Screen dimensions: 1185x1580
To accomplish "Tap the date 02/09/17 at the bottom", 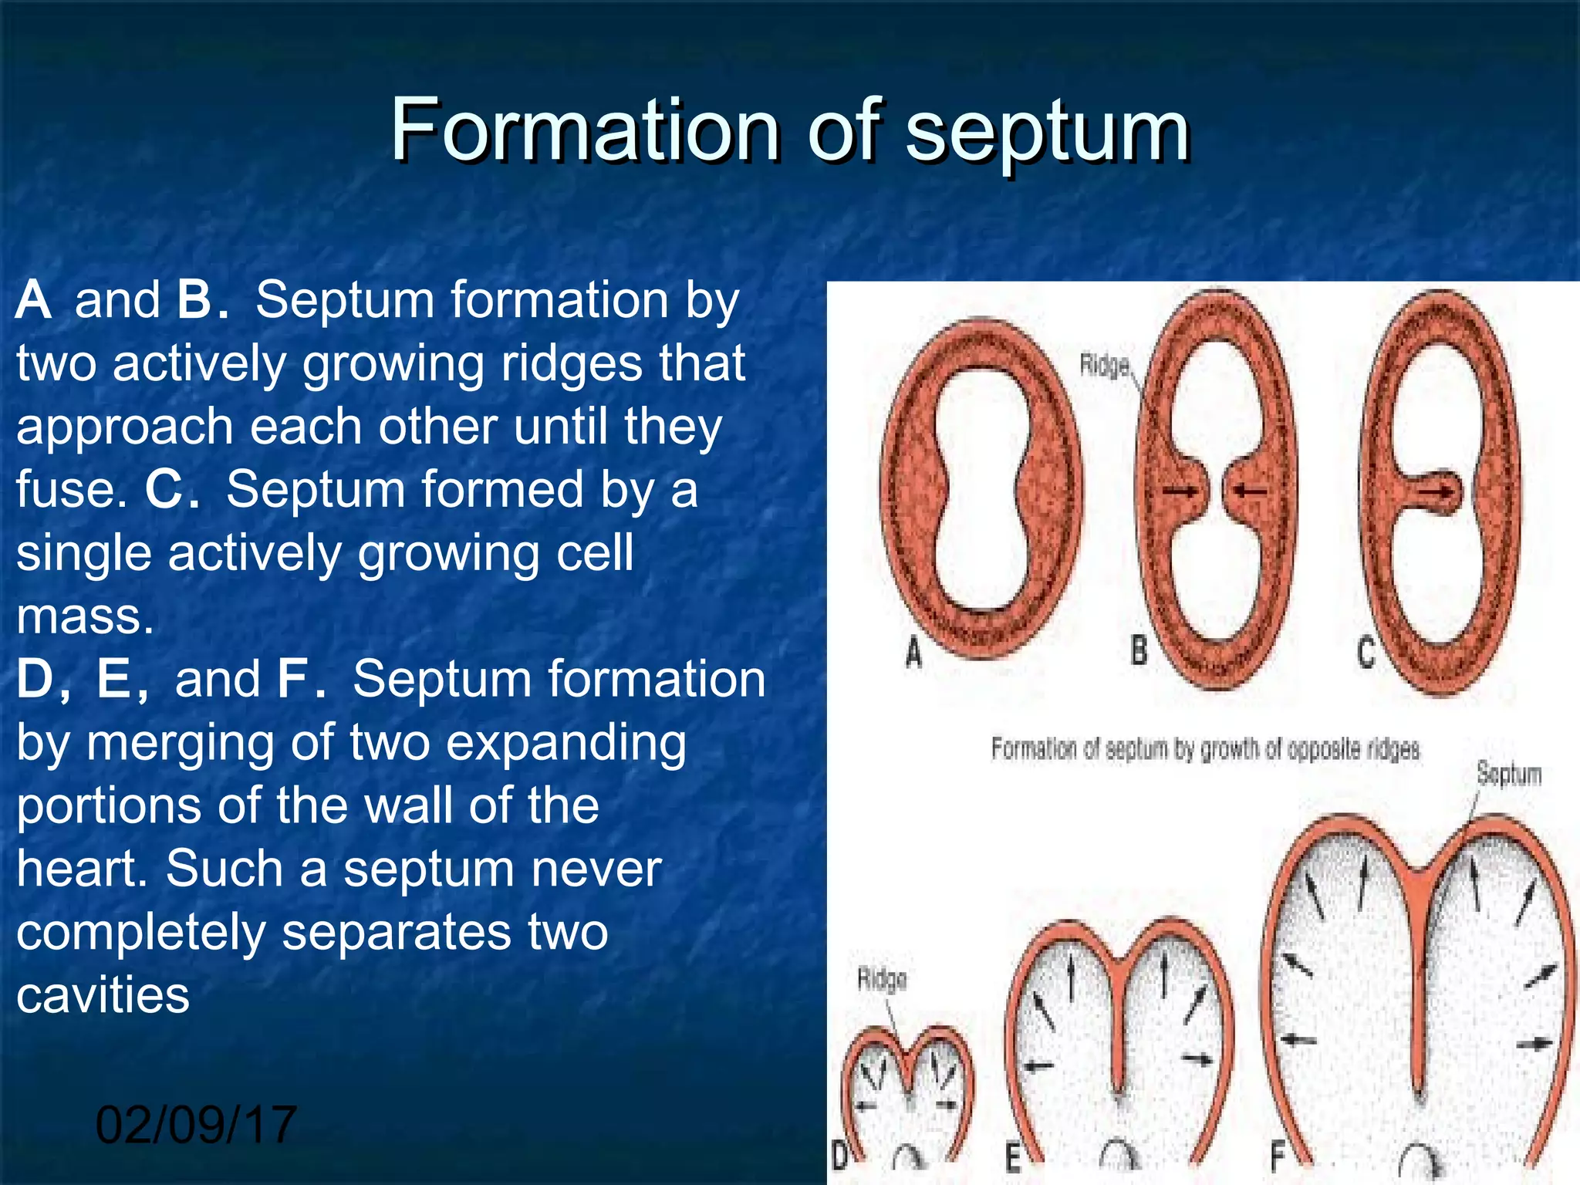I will [196, 1124].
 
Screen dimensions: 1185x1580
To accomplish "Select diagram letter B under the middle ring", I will [1139, 650].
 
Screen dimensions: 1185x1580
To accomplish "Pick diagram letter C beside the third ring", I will [1366, 653].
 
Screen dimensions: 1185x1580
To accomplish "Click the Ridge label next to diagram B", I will [1104, 365].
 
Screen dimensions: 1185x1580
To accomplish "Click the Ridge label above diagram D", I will [882, 980].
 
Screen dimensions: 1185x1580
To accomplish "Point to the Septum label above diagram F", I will [1508, 773].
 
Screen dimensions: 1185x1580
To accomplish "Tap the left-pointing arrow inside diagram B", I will [1251, 490].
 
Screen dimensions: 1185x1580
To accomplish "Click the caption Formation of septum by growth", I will [1204, 748].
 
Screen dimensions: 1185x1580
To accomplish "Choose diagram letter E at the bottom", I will [1013, 1158].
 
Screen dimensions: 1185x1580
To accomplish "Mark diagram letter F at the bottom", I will [1277, 1156].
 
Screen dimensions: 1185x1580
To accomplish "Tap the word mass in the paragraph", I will [85, 616].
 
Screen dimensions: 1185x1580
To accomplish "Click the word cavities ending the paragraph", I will [103, 994].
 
